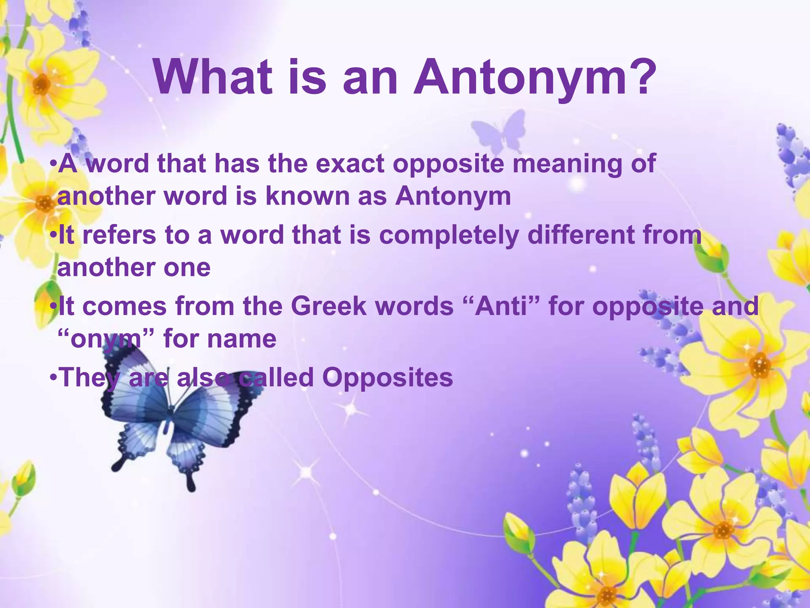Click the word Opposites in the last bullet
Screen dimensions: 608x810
[387, 377]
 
